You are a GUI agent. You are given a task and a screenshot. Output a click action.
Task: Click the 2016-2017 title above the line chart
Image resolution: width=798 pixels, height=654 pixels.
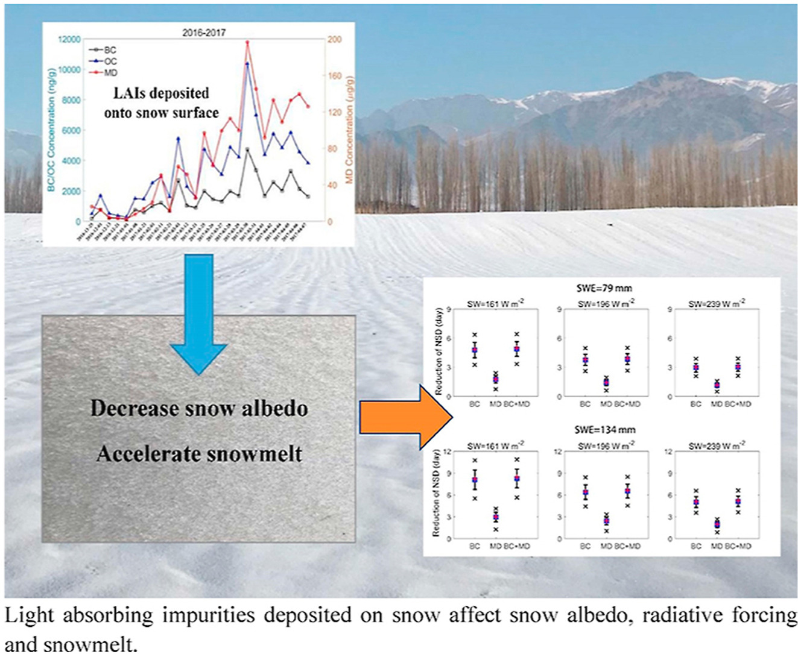[204, 33]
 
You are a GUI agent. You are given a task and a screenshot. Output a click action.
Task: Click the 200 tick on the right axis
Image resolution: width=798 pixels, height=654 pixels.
[334, 40]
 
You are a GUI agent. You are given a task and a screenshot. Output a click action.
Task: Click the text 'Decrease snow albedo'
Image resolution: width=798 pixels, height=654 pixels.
[199, 409]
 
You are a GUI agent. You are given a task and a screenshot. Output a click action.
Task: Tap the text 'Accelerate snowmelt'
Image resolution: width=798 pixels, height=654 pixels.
[199, 453]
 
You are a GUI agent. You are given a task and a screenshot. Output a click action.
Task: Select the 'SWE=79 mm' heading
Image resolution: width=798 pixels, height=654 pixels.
[604, 288]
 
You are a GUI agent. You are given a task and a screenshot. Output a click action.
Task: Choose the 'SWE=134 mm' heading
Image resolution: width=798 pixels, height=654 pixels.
[604, 430]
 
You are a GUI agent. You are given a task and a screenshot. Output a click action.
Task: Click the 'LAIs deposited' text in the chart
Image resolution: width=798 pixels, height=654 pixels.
[162, 93]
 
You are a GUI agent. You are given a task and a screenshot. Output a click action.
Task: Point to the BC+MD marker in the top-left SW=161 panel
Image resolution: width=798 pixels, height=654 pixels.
[517, 349]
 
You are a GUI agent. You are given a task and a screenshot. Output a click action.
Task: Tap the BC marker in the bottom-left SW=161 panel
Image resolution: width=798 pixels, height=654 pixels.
[475, 480]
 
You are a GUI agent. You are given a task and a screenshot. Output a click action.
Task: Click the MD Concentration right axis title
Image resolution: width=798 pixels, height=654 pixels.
[349, 130]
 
